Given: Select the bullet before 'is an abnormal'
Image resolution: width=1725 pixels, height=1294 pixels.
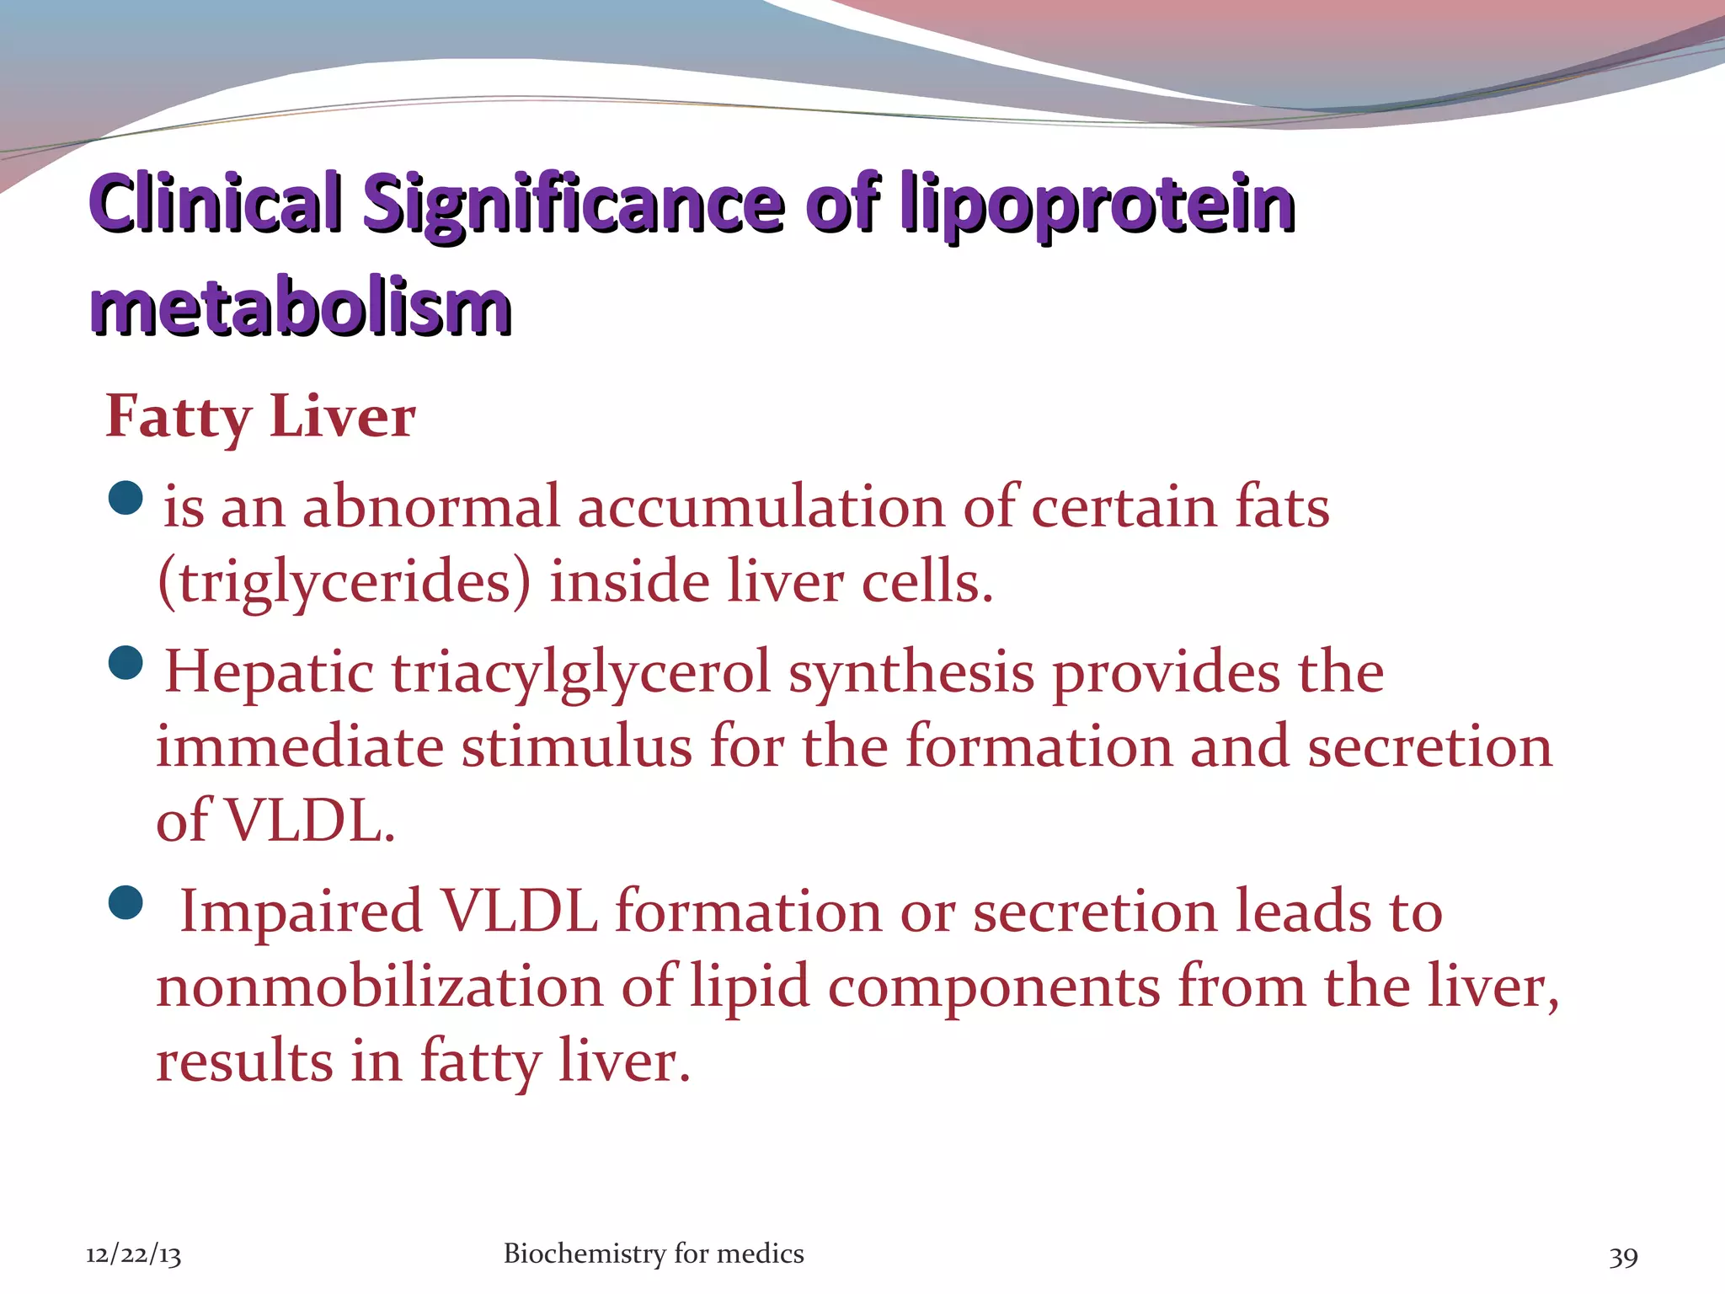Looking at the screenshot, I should click(x=126, y=498).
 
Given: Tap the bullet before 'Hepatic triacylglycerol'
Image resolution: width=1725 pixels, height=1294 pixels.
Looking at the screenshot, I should click(x=126, y=663).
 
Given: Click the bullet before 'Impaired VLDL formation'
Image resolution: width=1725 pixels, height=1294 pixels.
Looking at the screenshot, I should click(x=126, y=903).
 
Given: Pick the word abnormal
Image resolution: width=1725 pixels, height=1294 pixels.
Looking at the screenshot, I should click(x=430, y=507).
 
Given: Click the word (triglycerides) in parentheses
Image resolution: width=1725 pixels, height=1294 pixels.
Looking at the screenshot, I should click(x=344, y=583).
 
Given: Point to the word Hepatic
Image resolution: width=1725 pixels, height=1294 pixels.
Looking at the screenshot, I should click(x=269, y=672).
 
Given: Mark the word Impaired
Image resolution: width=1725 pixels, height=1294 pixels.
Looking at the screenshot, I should click(x=301, y=913).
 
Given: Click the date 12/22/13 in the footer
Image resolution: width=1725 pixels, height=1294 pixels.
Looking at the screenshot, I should click(x=133, y=1255).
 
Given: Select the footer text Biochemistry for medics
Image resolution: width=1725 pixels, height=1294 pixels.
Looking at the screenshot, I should click(x=654, y=1254).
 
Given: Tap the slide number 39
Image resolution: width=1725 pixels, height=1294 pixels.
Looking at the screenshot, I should click(x=1623, y=1257).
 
